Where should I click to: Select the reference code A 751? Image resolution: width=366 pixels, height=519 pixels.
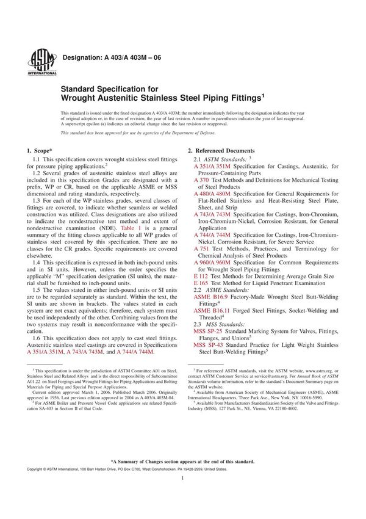[x=202, y=249]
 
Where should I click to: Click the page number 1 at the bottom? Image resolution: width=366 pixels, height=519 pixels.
[x=182, y=495]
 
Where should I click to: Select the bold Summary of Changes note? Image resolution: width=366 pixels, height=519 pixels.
[x=182, y=462]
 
